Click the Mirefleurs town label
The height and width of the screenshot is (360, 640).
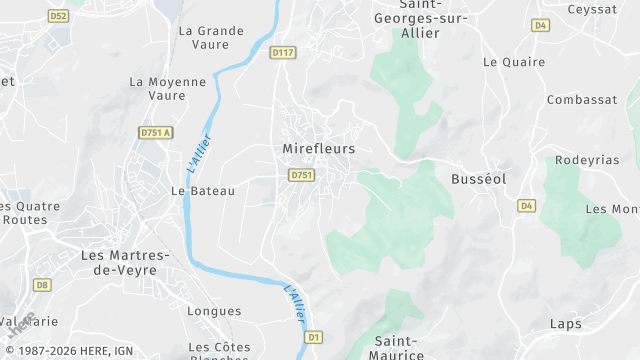coord(312,149)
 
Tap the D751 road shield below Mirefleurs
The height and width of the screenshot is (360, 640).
coord(302,175)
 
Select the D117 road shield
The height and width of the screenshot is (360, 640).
coord(284,53)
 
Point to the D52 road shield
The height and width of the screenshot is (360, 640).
coord(58,16)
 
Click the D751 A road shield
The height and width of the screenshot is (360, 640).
coord(155,132)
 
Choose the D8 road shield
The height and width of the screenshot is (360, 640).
coord(41,285)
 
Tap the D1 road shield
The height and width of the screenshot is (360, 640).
coord(314,337)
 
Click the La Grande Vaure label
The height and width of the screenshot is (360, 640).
coord(211,38)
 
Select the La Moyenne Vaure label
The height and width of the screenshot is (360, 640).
coord(168,89)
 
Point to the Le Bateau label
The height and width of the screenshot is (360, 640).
coord(203,191)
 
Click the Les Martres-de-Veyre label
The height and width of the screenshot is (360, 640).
coord(125,262)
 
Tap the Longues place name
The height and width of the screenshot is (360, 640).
coord(214,312)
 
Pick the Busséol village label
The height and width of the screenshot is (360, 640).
coord(479,178)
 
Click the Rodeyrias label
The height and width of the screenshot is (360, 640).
coord(587,160)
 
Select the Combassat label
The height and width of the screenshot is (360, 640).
coord(580,100)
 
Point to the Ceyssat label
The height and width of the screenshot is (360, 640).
coord(593,10)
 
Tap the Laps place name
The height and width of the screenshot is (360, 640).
coord(565,324)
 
